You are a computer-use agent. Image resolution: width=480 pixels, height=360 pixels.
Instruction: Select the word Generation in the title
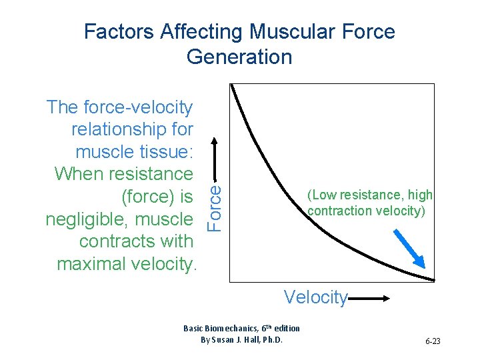coord(239,57)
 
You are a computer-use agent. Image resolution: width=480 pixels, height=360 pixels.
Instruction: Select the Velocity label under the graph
coord(315,297)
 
